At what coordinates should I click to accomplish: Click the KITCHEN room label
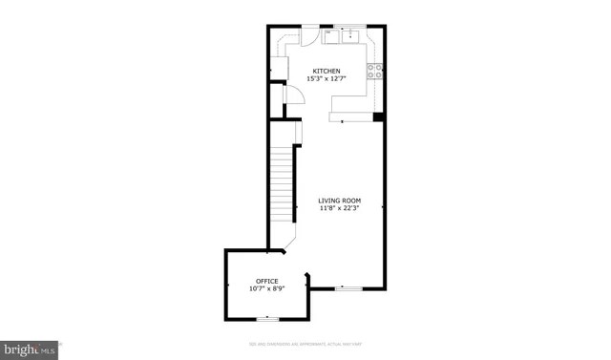[x=327, y=71]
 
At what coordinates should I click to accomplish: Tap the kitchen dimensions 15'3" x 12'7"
[x=327, y=78]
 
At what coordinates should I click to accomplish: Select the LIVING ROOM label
[x=339, y=201]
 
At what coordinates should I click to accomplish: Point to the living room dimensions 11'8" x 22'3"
[x=339, y=208]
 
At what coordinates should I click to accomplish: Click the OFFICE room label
[x=266, y=281]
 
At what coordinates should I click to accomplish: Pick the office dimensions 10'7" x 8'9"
[x=266, y=288]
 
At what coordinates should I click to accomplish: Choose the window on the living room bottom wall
[x=348, y=287]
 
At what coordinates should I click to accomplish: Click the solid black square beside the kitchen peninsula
[x=378, y=117]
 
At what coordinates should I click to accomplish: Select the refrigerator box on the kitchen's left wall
[x=279, y=70]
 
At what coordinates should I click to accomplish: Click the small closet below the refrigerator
[x=276, y=98]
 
